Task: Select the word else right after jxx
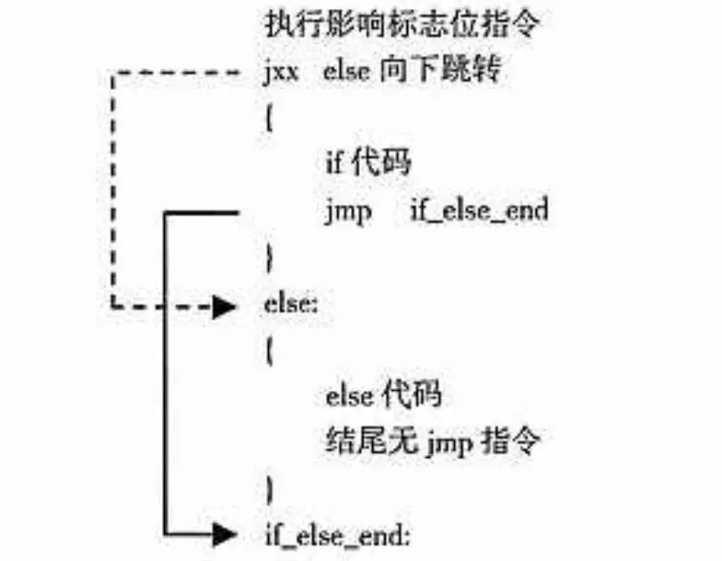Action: pos(346,71)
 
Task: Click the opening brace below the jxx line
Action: pos(268,119)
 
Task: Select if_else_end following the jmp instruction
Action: pos(479,212)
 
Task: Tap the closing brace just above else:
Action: pos(269,258)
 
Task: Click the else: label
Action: pos(290,305)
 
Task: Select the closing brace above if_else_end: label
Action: pos(269,488)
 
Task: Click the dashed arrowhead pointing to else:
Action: pos(225,306)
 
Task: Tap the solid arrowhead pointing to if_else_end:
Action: pos(225,534)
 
